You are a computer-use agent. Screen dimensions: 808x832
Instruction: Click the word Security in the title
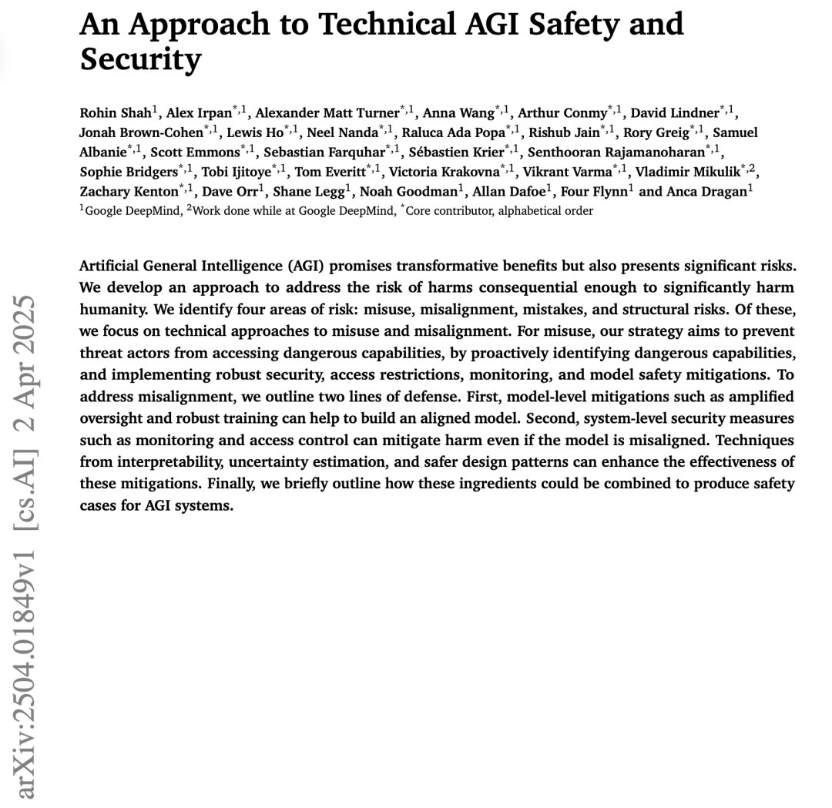point(140,59)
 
